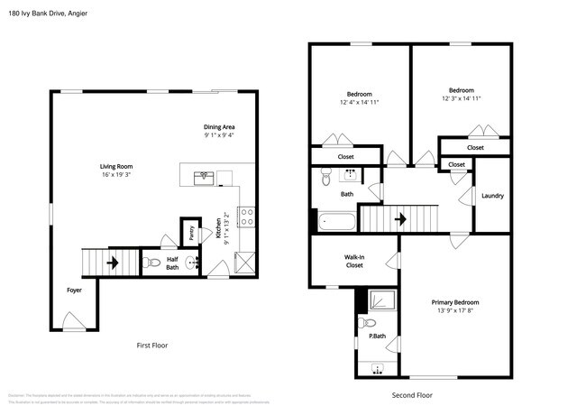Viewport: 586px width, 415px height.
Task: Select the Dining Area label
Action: coord(218,127)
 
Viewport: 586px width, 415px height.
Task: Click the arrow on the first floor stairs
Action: coord(113,263)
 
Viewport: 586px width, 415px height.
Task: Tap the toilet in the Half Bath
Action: coord(153,263)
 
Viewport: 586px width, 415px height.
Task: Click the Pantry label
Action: coord(191,233)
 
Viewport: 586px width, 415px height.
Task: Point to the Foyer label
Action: coord(74,290)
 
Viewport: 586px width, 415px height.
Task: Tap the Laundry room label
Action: coord(492,196)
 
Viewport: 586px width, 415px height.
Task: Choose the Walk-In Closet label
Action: coord(354,261)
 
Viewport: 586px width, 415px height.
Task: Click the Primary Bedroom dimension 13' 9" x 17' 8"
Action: coord(454,312)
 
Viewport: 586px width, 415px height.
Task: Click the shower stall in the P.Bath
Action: coord(381,300)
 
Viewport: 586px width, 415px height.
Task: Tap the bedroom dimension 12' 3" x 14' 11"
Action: coord(462,98)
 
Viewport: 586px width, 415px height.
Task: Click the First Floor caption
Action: coord(151,346)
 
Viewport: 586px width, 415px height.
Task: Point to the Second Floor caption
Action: coord(413,394)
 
